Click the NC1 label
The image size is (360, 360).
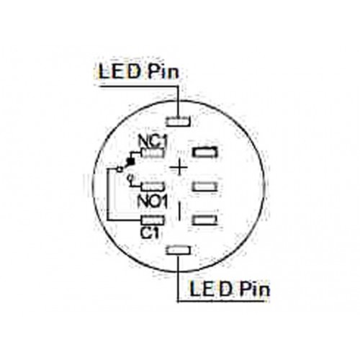(x=152, y=141)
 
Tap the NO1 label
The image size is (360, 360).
(x=152, y=202)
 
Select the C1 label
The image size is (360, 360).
(x=150, y=233)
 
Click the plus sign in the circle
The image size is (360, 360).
(x=179, y=167)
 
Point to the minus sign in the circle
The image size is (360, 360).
(x=179, y=210)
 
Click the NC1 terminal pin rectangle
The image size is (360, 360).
(x=153, y=153)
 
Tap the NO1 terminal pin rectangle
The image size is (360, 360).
(x=153, y=186)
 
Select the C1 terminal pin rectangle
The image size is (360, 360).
(x=153, y=220)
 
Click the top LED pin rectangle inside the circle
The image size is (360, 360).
(x=179, y=121)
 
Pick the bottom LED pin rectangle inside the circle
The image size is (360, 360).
(x=179, y=250)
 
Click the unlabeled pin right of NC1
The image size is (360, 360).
(x=205, y=152)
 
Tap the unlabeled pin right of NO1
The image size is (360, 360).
(x=204, y=186)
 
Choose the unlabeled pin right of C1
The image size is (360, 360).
(x=204, y=220)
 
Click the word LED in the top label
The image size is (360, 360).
(x=120, y=71)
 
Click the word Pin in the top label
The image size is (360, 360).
(x=163, y=72)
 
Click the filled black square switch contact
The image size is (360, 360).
(x=131, y=161)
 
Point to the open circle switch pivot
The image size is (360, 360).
(x=120, y=169)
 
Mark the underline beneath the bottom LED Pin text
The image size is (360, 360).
(x=222, y=301)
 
